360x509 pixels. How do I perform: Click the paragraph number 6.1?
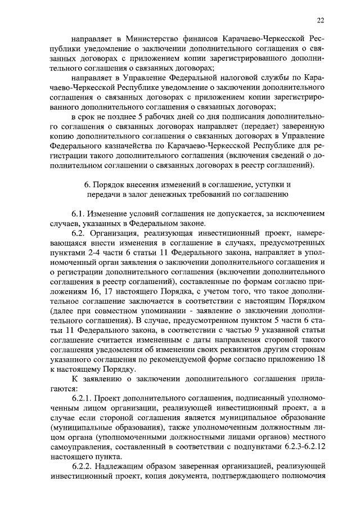(79, 215)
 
